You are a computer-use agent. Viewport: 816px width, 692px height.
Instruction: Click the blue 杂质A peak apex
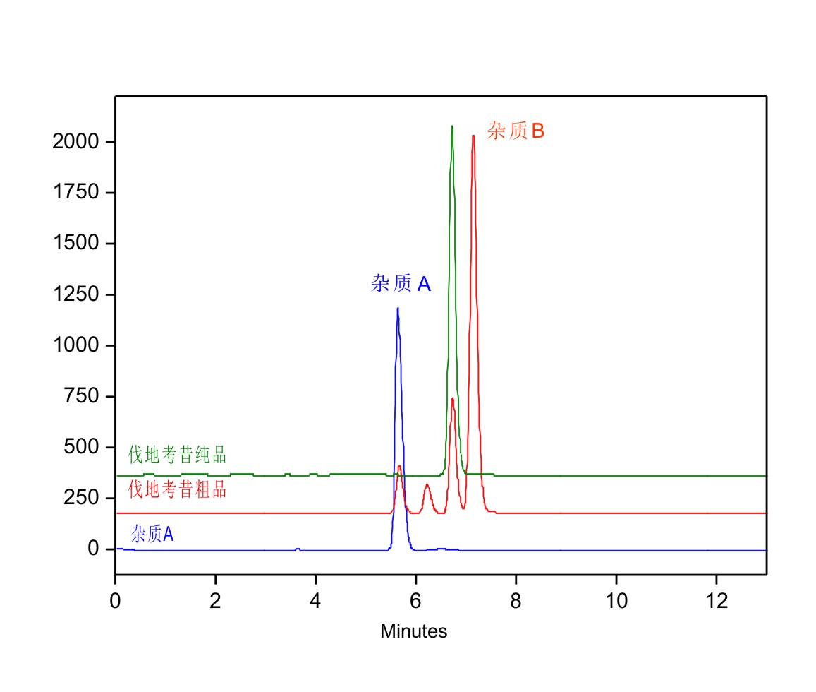(398, 309)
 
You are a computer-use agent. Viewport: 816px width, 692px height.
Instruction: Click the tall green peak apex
(452, 126)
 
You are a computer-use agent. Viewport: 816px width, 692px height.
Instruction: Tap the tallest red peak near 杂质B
(473, 136)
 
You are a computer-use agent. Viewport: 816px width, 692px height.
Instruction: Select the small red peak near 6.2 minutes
(427, 485)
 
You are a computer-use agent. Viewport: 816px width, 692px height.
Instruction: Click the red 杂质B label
(516, 131)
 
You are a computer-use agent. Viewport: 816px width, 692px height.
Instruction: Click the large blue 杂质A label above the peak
(401, 284)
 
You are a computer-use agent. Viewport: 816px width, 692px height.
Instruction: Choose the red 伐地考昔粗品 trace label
(177, 489)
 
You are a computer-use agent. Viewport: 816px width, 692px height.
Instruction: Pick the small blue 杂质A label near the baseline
(152, 534)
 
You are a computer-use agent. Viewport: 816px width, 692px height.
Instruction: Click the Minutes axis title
(413, 631)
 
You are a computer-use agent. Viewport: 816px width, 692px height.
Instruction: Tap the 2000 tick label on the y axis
(73, 142)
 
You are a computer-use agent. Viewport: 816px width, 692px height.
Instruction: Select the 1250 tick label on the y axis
(73, 294)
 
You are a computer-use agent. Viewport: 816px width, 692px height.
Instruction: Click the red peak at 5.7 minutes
(399, 467)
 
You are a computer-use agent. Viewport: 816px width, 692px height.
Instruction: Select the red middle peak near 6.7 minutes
(452, 399)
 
